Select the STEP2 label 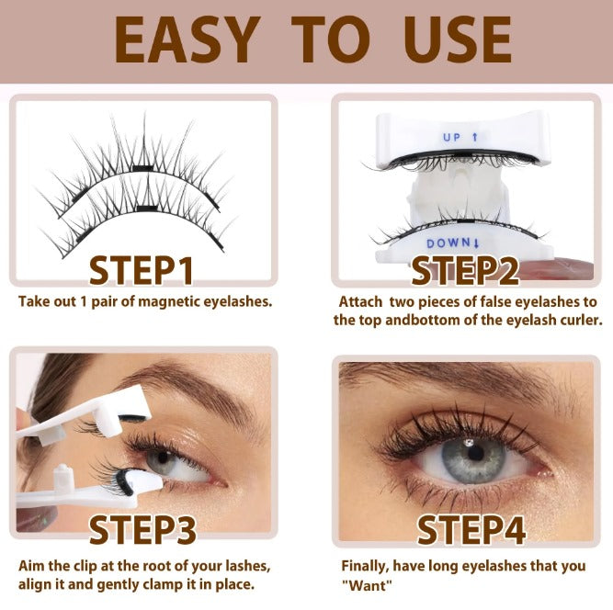[x=465, y=271]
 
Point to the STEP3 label [x=142, y=531]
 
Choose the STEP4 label [x=471, y=531]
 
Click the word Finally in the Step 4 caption [x=366, y=567]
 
